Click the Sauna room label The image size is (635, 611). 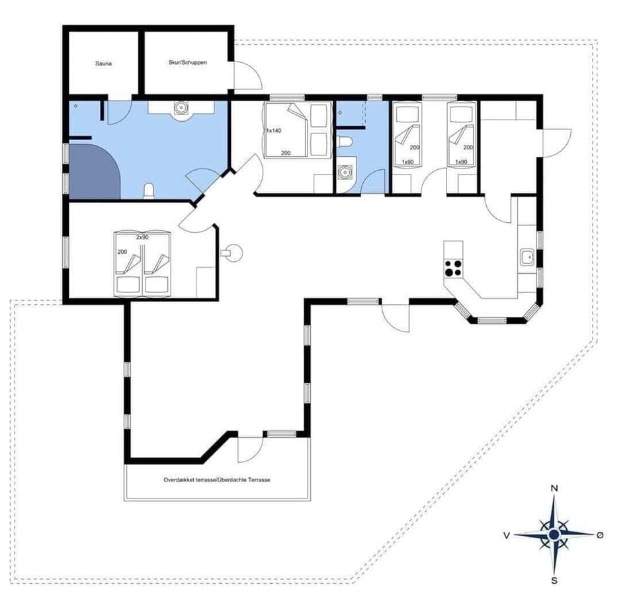click(103, 64)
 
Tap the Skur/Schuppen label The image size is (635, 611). click(187, 62)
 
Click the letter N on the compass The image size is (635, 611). click(554, 489)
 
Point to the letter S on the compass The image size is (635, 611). click(554, 581)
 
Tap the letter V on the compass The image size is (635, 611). click(507, 534)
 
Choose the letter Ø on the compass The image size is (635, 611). click(600, 534)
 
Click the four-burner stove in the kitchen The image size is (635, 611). click(453, 268)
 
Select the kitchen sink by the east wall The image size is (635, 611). click(527, 257)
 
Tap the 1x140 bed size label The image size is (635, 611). click(274, 131)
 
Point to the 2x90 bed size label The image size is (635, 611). click(142, 236)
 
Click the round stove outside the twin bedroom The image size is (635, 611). click(232, 252)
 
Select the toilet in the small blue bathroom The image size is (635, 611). click(344, 142)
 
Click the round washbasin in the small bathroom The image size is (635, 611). click(344, 173)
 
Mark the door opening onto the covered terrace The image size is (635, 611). click(249, 450)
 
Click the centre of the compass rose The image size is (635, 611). click(554, 533)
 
